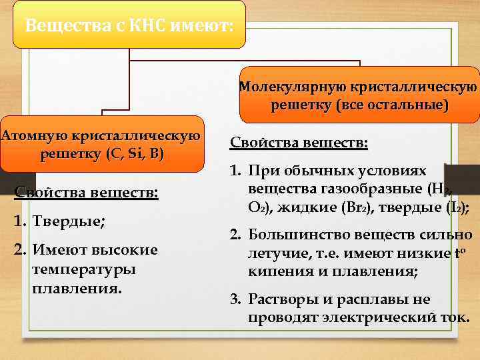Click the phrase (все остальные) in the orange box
tap(393, 105)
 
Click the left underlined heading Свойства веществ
tap(87, 193)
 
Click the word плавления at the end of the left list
tap(77, 289)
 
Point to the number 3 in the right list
tap(235, 299)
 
